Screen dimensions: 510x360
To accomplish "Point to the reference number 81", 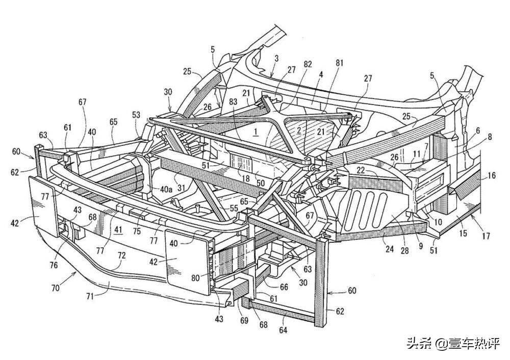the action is pyautogui.click(x=339, y=63).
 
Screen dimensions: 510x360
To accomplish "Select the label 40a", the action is pyautogui.click(x=165, y=189).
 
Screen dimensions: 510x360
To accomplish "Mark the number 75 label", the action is pyautogui.click(x=137, y=231).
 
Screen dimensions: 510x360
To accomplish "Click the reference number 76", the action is pyautogui.click(x=54, y=265).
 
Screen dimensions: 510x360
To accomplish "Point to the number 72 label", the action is pyautogui.click(x=121, y=255).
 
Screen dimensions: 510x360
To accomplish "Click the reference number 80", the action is pyautogui.click(x=195, y=278).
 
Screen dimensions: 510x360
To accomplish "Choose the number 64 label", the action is pyautogui.click(x=283, y=330).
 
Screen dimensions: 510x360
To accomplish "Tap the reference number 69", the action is pyautogui.click(x=244, y=320).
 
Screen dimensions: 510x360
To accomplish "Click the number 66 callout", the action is pyautogui.click(x=284, y=287).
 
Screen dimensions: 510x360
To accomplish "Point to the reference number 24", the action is pyautogui.click(x=389, y=249).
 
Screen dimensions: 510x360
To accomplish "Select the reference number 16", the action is pyautogui.click(x=492, y=175).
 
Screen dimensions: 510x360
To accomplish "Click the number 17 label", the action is pyautogui.click(x=486, y=236).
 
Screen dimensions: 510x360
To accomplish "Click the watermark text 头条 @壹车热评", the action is pyautogui.click(x=453, y=343).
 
